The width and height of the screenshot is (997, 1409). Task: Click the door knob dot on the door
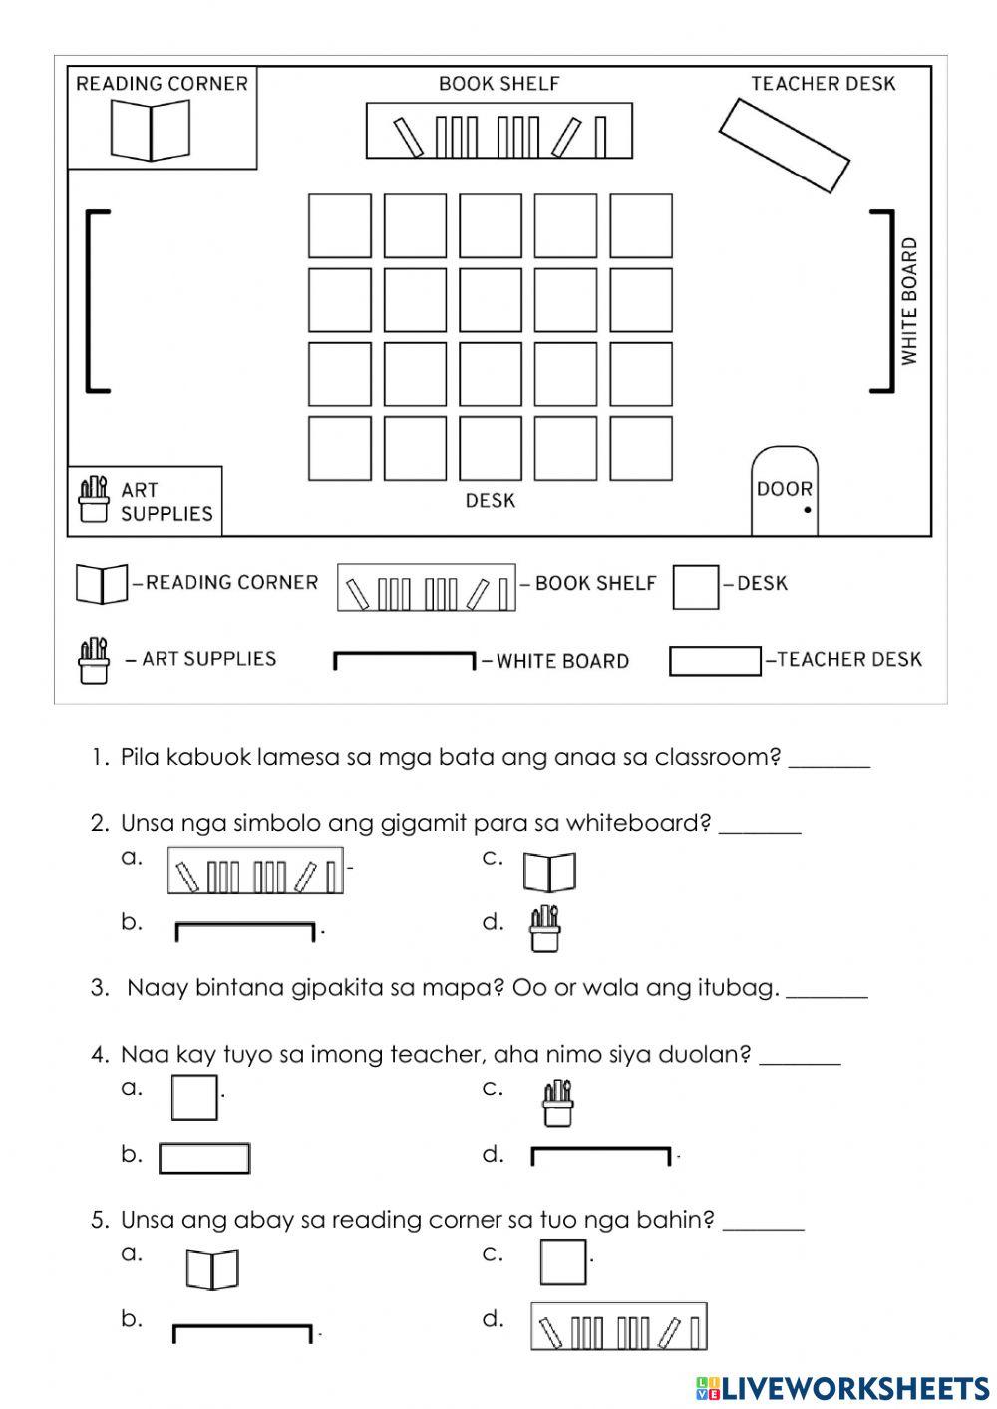pyautogui.click(x=807, y=510)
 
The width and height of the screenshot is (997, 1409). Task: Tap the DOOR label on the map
pyautogui.click(x=785, y=489)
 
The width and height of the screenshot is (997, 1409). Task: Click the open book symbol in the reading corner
pyautogui.click(x=150, y=131)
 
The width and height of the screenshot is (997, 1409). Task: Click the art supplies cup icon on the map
pyautogui.click(x=93, y=499)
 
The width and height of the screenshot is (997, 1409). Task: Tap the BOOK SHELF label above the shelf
pyautogui.click(x=498, y=84)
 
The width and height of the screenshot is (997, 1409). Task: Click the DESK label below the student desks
pyautogui.click(x=490, y=500)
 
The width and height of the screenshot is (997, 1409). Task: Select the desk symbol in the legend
pyautogui.click(x=695, y=587)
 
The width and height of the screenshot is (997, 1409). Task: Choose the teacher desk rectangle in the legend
pyautogui.click(x=715, y=661)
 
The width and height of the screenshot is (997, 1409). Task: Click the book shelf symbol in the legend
pyautogui.click(x=427, y=588)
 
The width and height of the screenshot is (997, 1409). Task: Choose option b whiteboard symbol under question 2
pyautogui.click(x=245, y=931)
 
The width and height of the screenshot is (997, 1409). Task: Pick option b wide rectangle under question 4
pyautogui.click(x=204, y=1158)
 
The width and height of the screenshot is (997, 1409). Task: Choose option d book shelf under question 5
pyautogui.click(x=618, y=1327)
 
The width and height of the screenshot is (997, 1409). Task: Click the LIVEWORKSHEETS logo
pyautogui.click(x=842, y=1387)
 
